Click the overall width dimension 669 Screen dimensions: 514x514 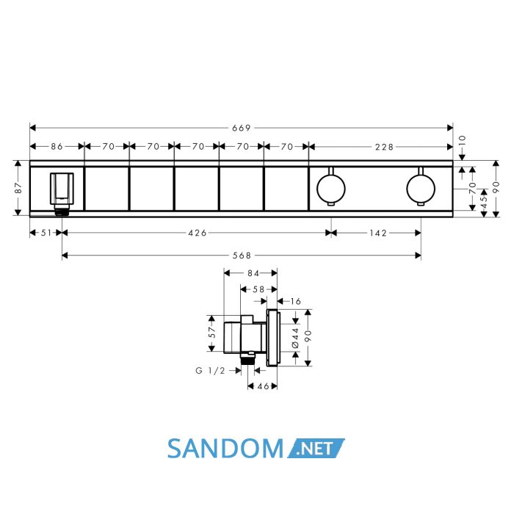coord(242,128)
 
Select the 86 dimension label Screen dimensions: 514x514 coord(57,147)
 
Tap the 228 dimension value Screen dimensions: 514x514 coord(384,147)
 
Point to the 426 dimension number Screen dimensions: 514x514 coord(198,233)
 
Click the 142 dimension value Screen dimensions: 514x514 coord(378,233)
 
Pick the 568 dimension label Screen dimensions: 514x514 coord(242,256)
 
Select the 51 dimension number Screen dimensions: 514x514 coord(46,233)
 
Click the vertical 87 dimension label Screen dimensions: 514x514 coord(18,188)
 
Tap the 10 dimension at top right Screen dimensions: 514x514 coord(462,141)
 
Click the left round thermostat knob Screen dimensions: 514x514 coord(331,189)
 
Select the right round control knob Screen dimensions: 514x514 coord(421,189)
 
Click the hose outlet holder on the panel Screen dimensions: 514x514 coord(62,193)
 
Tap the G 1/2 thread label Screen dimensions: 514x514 coord(211,371)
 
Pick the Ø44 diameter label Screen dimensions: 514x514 coord(295,337)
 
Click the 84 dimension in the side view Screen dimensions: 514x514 coord(253,273)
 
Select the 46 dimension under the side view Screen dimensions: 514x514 coord(263,386)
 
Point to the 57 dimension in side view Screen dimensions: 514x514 coord(212,333)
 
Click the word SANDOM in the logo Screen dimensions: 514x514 coord(225,449)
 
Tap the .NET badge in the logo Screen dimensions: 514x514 coord(316,448)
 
